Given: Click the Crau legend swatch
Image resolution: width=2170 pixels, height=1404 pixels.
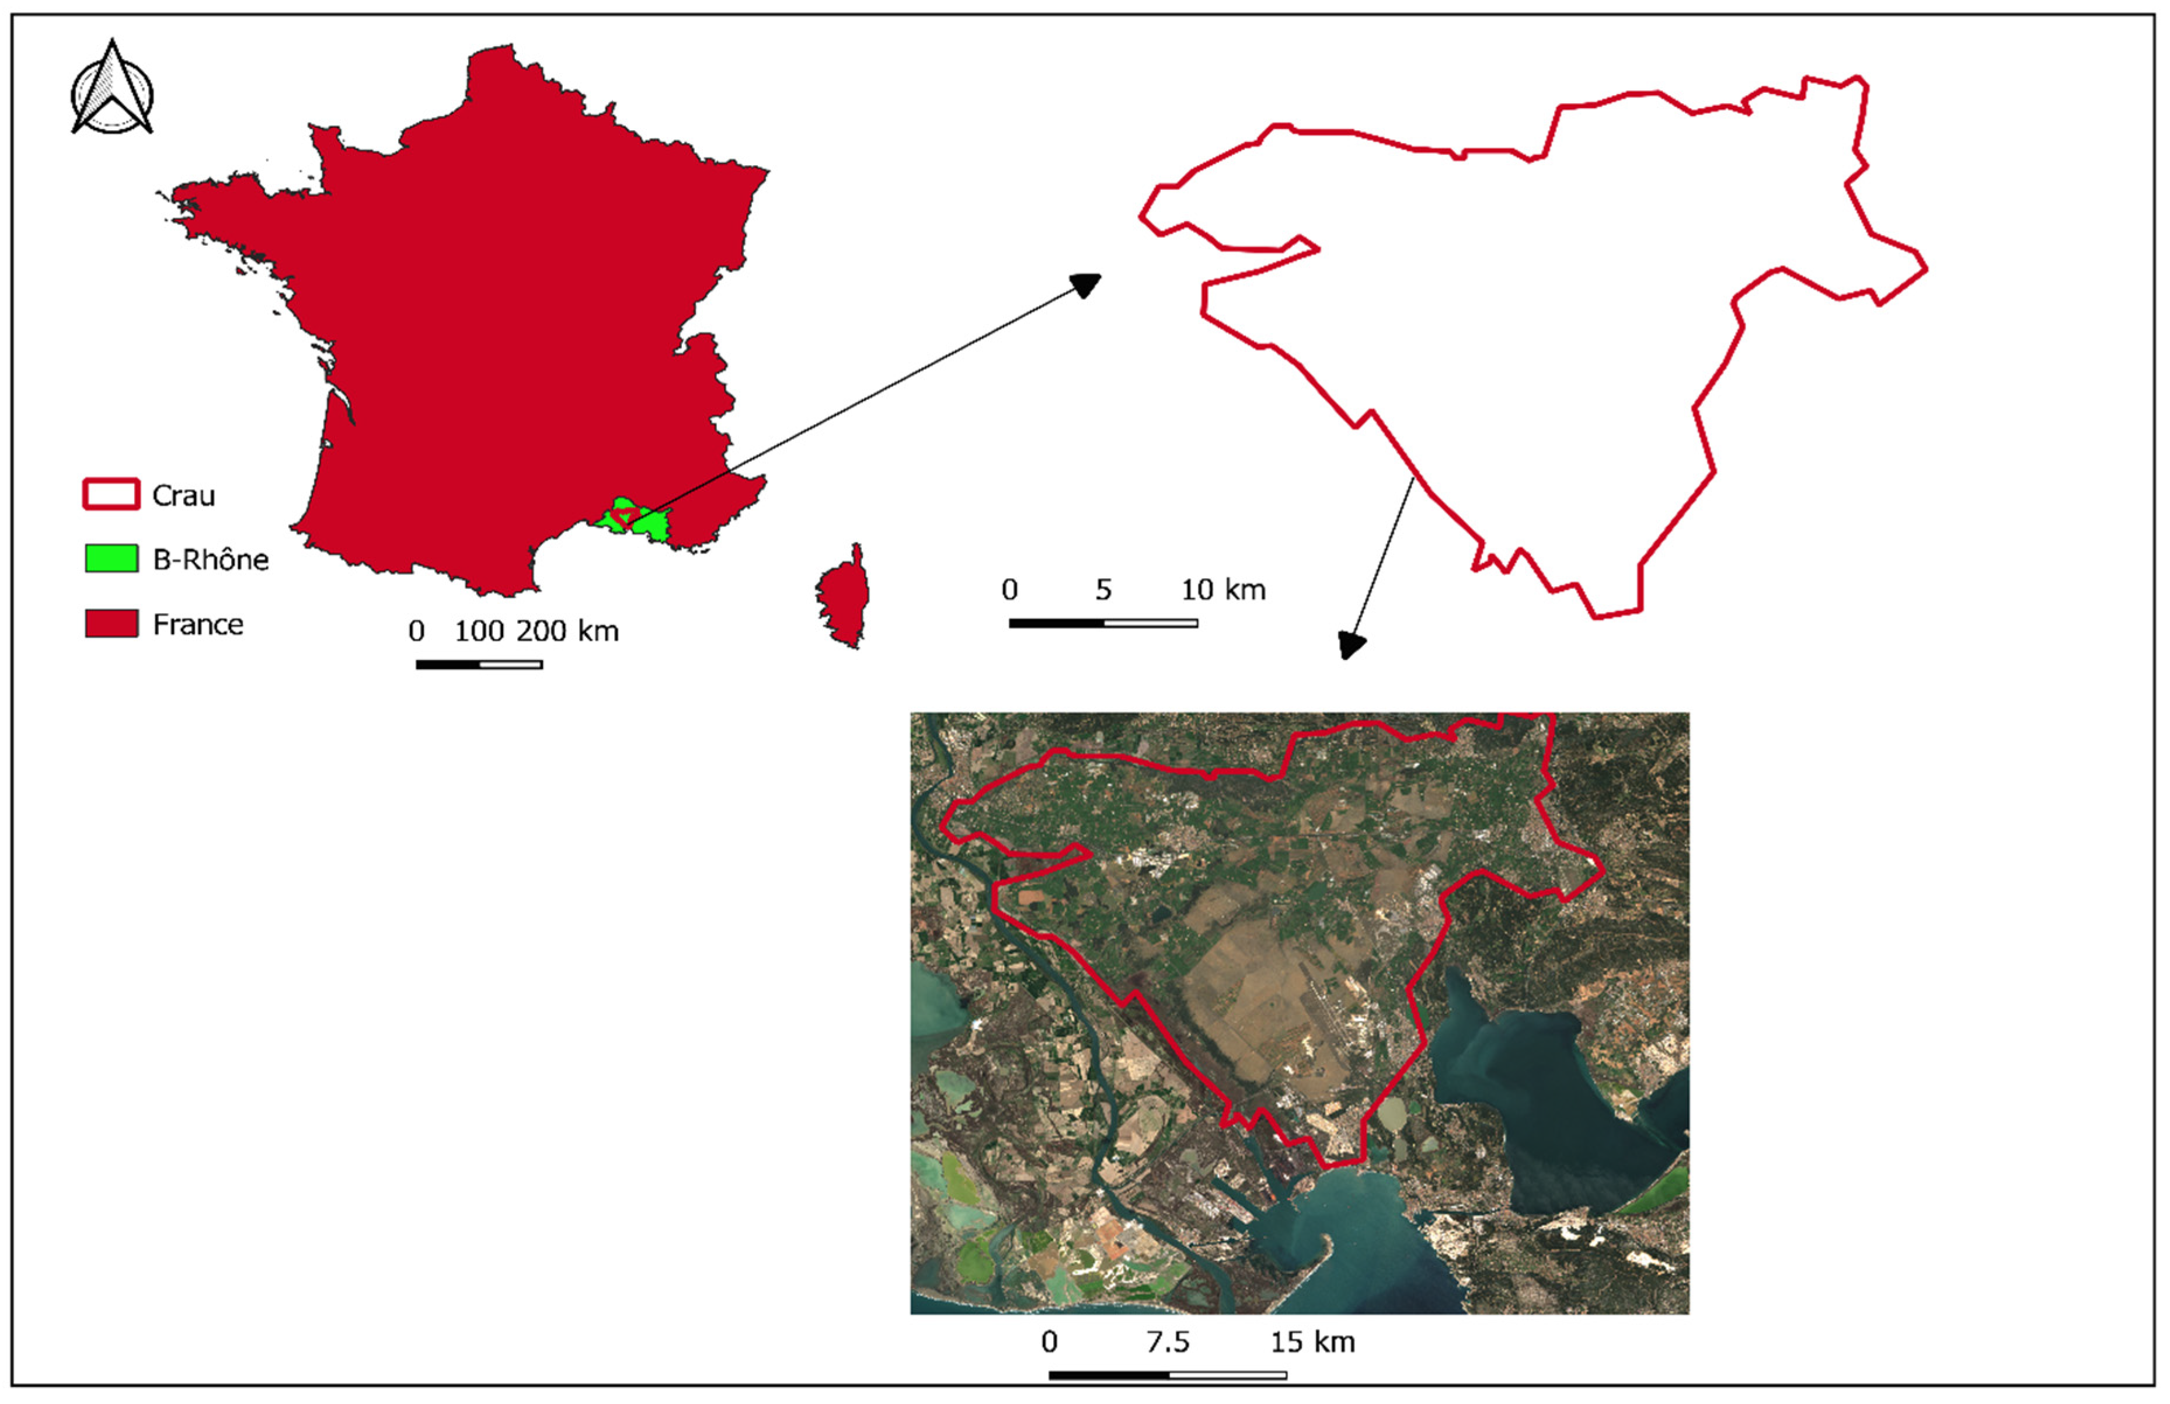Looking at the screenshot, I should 111,494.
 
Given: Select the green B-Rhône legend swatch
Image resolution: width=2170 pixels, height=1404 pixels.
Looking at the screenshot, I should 111,558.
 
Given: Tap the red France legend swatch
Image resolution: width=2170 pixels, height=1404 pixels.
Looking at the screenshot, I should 111,624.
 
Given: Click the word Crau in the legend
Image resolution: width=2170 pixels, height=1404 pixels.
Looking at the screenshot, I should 183,495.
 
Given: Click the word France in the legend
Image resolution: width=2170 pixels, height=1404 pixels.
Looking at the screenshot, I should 198,624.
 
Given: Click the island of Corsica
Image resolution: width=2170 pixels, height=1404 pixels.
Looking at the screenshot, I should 843,597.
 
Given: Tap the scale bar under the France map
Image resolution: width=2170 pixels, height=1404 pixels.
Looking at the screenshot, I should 479,665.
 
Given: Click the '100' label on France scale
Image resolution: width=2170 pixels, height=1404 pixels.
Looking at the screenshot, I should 479,631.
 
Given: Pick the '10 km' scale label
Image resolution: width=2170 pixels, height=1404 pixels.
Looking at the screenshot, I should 1223,590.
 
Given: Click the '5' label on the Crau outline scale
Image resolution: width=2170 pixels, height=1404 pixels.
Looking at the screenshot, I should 1103,590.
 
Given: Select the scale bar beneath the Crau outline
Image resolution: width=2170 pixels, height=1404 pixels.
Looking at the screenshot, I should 1103,624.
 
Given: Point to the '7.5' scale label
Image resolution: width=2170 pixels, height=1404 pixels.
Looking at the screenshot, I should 1168,1342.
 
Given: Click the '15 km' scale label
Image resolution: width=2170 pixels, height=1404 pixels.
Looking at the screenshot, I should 1312,1342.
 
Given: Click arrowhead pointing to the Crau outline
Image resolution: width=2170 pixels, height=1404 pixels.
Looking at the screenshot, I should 1086,284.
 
